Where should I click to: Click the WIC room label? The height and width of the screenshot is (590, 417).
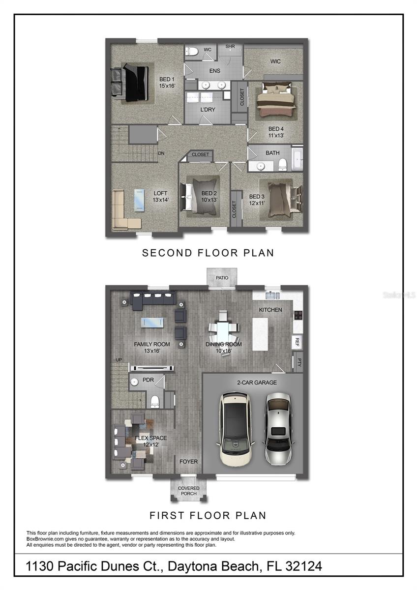pos(275,61)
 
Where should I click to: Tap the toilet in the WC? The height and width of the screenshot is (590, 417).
pos(192,51)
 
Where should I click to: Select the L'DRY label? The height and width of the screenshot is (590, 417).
pos(208,110)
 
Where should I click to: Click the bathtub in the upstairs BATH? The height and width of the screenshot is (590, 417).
pos(297,158)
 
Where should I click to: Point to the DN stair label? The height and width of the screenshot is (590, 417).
pos(161,153)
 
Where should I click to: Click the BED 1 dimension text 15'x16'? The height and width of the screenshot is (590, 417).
pos(167,86)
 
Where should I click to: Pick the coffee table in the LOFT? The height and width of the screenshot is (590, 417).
pos(139,200)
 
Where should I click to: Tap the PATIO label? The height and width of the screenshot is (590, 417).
pos(222,278)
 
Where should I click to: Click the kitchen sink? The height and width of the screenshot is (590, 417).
pos(272,295)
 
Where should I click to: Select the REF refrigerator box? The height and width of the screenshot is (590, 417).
pos(297,342)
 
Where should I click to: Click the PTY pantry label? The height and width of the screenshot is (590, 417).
pos(298,362)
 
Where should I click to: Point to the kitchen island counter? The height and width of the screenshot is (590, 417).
pos(260,334)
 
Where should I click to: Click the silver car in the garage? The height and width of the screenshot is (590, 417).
pos(278,429)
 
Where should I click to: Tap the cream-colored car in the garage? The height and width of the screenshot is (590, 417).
pos(235,429)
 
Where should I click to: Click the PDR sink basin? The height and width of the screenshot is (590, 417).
pos(135,382)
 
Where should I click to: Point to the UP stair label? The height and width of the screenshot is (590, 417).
pos(119,360)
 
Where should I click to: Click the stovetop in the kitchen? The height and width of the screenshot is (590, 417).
pos(298,315)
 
